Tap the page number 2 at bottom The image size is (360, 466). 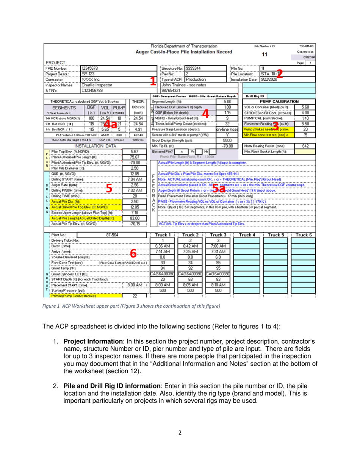pos(180,430)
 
